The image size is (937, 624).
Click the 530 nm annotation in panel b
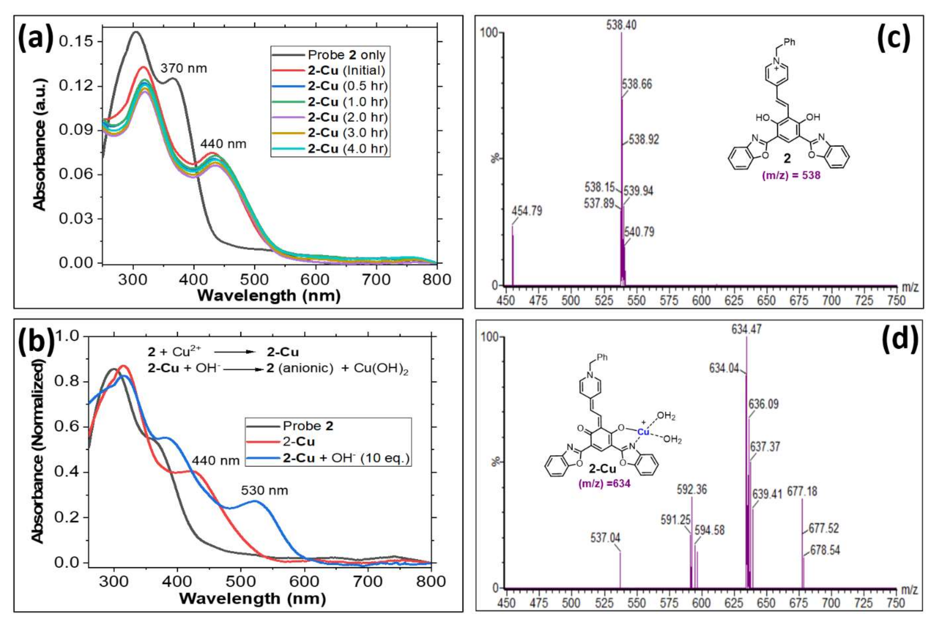pyautogui.click(x=264, y=490)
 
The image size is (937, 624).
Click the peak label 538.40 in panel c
pyautogui.click(x=621, y=25)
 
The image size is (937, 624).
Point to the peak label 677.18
pyautogui.click(x=802, y=491)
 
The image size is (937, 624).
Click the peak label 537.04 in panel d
pyautogui.click(x=605, y=538)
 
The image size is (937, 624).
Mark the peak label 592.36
pyautogui.click(x=692, y=489)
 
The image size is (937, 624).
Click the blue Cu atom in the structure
pyautogui.click(x=643, y=432)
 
